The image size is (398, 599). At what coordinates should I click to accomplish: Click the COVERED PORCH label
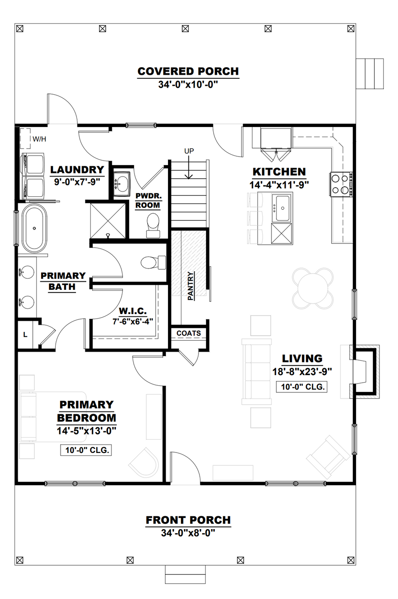(x=188, y=71)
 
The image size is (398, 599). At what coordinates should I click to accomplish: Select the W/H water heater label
(x=39, y=139)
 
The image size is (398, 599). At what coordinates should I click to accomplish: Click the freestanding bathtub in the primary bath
(x=34, y=228)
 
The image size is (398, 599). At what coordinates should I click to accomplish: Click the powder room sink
(x=122, y=184)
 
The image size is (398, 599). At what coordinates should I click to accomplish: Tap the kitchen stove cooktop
(x=341, y=184)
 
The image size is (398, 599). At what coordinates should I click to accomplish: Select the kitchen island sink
(x=282, y=208)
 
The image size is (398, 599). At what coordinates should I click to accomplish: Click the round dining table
(x=313, y=288)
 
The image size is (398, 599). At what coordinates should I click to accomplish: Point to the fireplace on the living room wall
(x=364, y=372)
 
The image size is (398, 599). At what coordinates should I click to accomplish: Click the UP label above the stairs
(x=189, y=151)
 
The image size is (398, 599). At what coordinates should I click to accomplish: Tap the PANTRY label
(x=190, y=286)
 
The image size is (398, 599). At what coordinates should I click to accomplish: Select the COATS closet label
(x=189, y=333)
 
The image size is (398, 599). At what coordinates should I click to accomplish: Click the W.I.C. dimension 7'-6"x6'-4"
(x=133, y=321)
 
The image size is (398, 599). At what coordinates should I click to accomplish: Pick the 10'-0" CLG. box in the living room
(x=302, y=387)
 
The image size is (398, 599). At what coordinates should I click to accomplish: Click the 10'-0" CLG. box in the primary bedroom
(x=86, y=450)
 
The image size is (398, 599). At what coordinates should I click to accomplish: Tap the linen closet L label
(x=25, y=334)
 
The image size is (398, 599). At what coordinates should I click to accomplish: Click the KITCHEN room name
(x=279, y=172)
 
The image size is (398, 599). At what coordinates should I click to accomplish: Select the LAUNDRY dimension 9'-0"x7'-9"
(x=77, y=182)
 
